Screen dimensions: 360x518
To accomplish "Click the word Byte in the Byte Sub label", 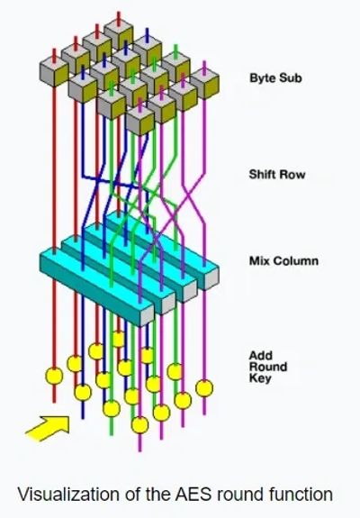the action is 263,78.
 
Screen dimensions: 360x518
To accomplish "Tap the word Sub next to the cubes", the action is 291,78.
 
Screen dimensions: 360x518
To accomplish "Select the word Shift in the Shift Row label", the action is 263,174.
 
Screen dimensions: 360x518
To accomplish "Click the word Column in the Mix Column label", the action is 296,260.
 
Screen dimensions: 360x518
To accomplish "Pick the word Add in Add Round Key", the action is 261,356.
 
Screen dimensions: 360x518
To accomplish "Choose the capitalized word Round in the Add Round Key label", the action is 268,367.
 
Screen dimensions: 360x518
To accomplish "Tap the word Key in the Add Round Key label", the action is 260,378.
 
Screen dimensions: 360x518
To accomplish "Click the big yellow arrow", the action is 48,429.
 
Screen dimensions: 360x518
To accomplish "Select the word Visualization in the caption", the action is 68,495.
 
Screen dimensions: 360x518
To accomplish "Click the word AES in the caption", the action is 193,495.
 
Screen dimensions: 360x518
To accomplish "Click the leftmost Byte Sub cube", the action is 54,71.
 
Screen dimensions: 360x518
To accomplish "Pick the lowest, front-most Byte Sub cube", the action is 140,121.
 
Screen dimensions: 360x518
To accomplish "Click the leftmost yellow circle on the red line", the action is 54,376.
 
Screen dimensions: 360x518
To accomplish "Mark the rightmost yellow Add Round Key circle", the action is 204,388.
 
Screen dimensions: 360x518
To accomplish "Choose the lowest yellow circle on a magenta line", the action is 139,425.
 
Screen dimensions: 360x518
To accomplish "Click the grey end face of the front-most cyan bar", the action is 148,316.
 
